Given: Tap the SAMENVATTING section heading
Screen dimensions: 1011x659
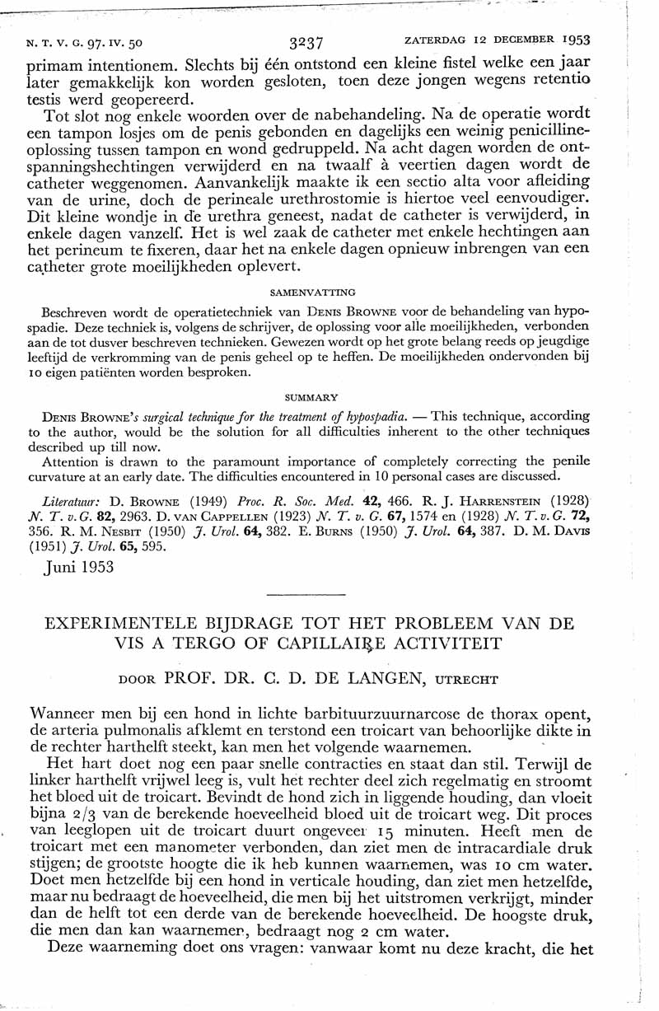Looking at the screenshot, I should click(x=312, y=292).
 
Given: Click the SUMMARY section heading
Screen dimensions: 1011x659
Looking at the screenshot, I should click(x=312, y=396).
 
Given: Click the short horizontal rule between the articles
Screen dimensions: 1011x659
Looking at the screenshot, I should click(x=306, y=593).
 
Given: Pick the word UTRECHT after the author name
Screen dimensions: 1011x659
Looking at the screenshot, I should click(x=467, y=681).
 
